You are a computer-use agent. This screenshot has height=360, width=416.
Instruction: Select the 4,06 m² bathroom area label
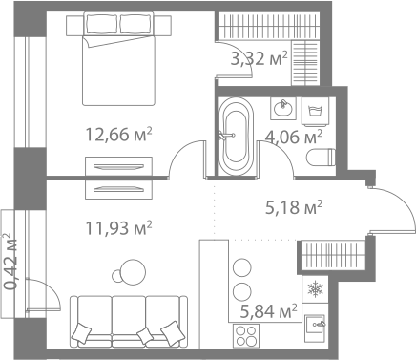click(x=291, y=138)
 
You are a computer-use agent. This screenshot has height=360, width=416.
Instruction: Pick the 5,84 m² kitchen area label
click(x=268, y=310)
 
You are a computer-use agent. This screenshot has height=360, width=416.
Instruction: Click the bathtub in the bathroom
click(x=234, y=138)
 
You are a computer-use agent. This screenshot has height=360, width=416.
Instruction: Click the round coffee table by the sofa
click(x=125, y=277)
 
